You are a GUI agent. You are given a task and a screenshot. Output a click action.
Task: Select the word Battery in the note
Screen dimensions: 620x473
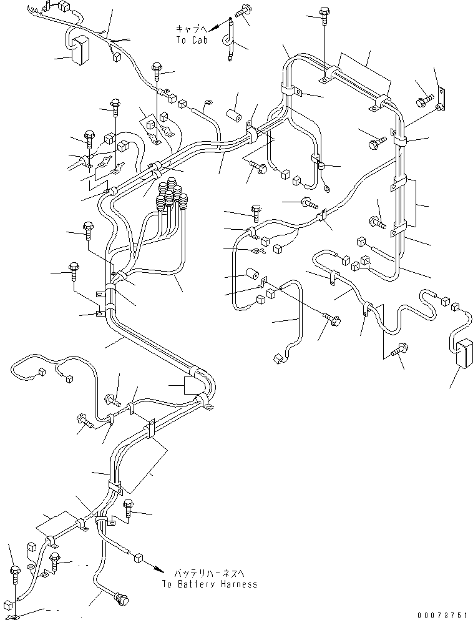(x=197, y=584)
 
